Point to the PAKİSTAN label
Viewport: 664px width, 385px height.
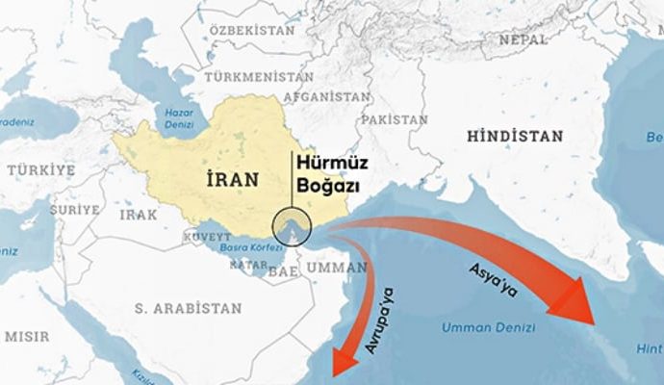click(x=394, y=119)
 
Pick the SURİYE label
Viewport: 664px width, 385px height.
click(x=74, y=209)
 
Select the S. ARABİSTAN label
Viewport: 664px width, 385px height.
click(x=188, y=308)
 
